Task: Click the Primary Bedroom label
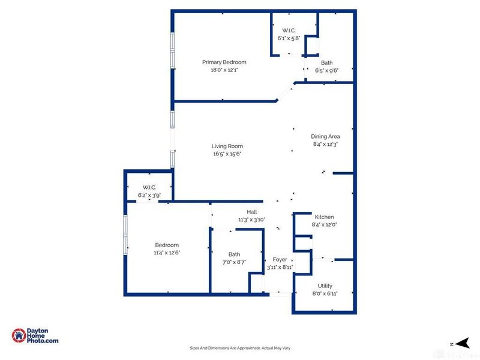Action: point(224,62)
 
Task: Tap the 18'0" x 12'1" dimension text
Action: point(224,70)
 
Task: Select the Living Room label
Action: point(227,146)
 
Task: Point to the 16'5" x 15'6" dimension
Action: point(227,154)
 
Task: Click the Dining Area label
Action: point(326,136)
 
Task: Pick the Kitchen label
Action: point(325,217)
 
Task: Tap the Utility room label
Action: point(325,286)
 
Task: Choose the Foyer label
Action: point(280,259)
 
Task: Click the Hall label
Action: point(252,212)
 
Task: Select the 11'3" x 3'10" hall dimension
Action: point(252,220)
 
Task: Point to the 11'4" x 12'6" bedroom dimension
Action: point(167,253)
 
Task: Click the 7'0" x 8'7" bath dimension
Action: point(234,262)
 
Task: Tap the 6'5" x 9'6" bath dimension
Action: point(327,70)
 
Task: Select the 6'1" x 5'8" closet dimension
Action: point(289,38)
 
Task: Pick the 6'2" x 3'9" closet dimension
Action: point(149,195)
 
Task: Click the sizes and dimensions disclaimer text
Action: point(240,348)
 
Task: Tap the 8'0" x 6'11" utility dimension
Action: point(325,293)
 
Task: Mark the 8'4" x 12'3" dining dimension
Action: point(326,144)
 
